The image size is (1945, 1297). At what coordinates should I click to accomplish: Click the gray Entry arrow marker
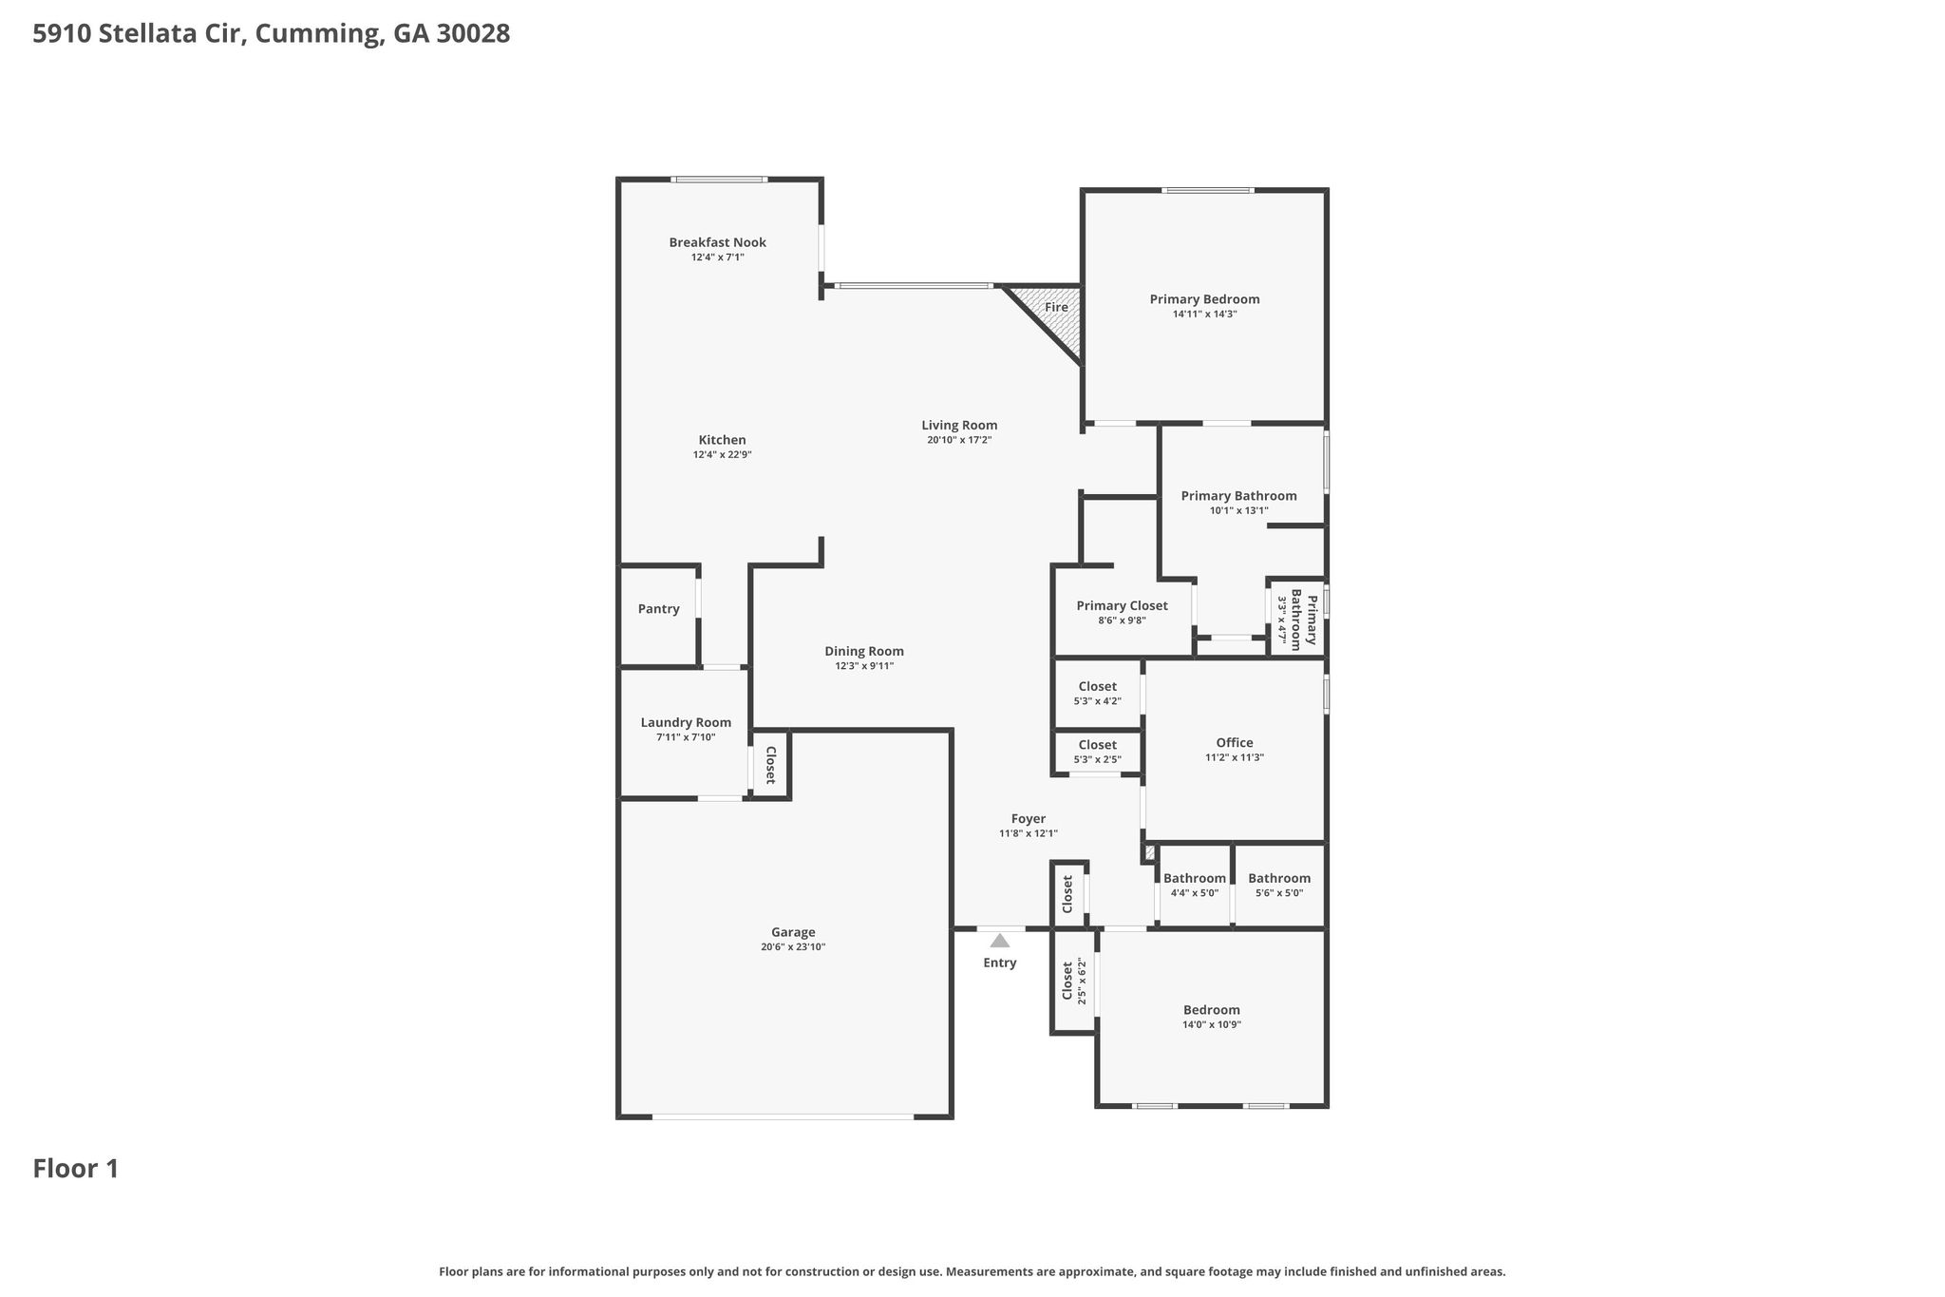pos(999,941)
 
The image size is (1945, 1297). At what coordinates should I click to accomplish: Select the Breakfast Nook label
pos(717,242)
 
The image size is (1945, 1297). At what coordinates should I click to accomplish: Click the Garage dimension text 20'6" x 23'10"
pos(793,947)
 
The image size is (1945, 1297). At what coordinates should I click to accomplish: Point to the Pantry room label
pos(658,609)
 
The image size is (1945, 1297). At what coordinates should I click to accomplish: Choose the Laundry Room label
pos(686,723)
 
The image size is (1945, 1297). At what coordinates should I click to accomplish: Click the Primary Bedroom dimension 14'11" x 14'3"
pos(1204,315)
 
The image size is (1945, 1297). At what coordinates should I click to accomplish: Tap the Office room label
pos(1235,743)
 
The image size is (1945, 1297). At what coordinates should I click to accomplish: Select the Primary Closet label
pos(1122,606)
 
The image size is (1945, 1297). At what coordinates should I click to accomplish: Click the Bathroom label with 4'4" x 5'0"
pos(1195,879)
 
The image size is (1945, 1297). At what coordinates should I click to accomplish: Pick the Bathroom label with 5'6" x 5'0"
pos(1279,879)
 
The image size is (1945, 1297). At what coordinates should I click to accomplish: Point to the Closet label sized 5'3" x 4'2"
pos(1097,687)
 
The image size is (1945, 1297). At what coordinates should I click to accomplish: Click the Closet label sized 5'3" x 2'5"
pos(1097,745)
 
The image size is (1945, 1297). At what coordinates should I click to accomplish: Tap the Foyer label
pos(1028,819)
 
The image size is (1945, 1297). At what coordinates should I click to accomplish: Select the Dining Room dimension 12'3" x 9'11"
pos(864,666)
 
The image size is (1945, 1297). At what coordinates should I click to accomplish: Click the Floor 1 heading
pos(76,1169)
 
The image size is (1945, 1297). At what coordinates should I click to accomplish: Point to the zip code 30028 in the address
pos(473,34)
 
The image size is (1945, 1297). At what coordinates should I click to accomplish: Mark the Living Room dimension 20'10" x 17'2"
pos(959,440)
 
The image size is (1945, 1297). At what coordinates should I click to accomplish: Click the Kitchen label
pos(722,440)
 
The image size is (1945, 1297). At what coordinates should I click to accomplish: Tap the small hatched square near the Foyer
pos(1149,853)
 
